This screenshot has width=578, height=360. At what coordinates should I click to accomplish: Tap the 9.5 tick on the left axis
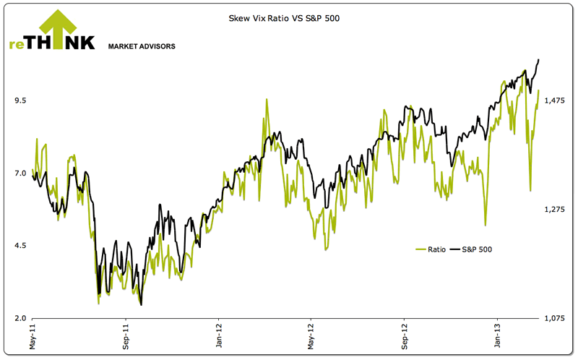pos(20,100)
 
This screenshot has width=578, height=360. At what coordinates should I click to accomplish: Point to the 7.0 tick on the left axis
pos(20,173)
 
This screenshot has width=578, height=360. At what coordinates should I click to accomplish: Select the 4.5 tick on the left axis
pos(20,246)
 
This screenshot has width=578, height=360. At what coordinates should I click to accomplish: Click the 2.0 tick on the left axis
pos(20,319)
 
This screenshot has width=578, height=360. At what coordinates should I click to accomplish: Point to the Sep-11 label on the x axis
pos(126,337)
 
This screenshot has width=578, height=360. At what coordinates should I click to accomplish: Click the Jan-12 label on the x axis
pos(218,337)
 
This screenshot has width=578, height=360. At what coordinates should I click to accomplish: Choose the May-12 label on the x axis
pos(311,337)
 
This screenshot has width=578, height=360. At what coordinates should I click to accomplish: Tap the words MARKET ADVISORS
pos(141,46)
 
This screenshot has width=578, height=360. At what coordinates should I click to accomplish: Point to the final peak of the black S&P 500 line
pos(539,59)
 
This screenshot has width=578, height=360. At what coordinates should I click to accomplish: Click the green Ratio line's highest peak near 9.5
pos(267,100)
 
